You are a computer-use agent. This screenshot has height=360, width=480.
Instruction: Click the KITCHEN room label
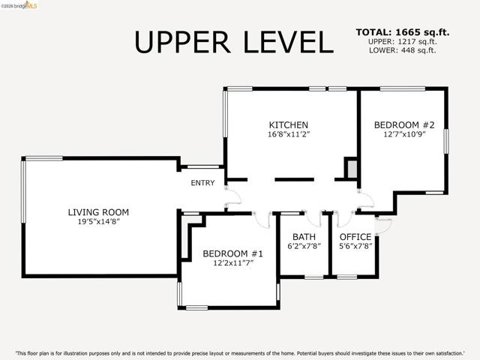point(288,125)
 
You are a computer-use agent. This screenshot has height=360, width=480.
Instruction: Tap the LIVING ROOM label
point(98,212)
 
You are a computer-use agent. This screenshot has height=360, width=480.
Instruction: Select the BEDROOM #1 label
point(232,253)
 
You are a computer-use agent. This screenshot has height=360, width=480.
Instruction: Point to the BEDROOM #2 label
point(404,125)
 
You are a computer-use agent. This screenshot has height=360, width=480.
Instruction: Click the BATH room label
point(304,237)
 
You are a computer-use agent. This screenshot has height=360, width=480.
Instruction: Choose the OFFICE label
point(355,237)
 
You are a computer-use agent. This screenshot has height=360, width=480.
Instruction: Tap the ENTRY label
point(202,183)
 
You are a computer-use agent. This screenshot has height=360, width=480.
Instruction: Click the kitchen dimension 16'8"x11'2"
point(289,134)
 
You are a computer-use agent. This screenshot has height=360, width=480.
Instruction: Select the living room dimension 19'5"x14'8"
point(98,221)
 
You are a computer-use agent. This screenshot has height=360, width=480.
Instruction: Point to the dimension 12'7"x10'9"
point(404,134)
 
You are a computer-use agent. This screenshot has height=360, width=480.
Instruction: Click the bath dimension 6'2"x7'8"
point(304,246)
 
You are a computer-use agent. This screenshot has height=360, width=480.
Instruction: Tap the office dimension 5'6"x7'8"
point(355,246)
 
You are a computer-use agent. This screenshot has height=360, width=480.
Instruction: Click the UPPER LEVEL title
point(233,42)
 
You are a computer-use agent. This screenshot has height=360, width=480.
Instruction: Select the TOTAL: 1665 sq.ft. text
point(403,32)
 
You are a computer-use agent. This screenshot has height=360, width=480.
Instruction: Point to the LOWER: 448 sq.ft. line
point(403,50)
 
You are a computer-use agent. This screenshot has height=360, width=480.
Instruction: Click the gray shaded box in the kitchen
point(352,169)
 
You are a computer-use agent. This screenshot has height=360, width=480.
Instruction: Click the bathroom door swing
point(313,220)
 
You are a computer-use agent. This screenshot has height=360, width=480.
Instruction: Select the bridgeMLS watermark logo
point(19,5)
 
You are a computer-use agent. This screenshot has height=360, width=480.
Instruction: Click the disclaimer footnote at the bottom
point(240,353)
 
